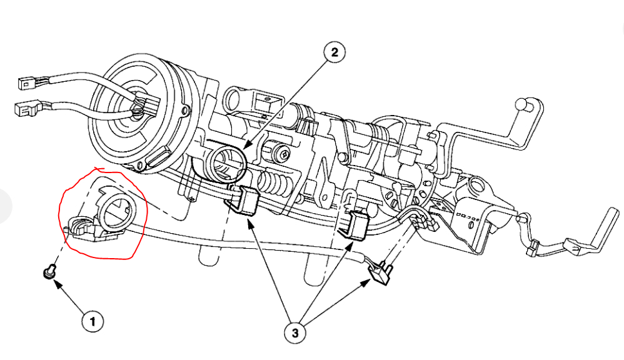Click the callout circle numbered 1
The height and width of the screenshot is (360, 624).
[x=93, y=322]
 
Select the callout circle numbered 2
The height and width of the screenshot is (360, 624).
[x=334, y=52]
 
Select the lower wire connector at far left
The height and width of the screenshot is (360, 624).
[x=24, y=109]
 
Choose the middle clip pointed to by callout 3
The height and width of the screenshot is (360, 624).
[x=356, y=224]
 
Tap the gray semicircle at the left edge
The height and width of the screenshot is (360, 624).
[x=5, y=206]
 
